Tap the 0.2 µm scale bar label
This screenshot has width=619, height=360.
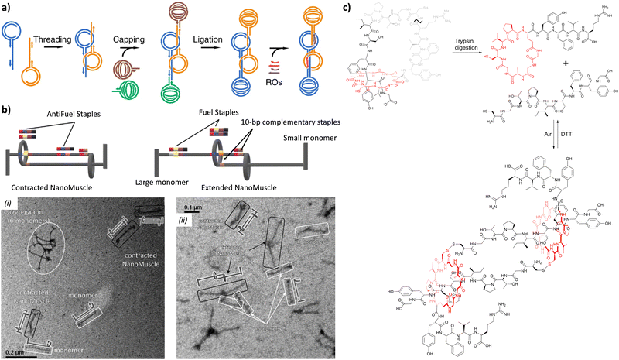17,352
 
